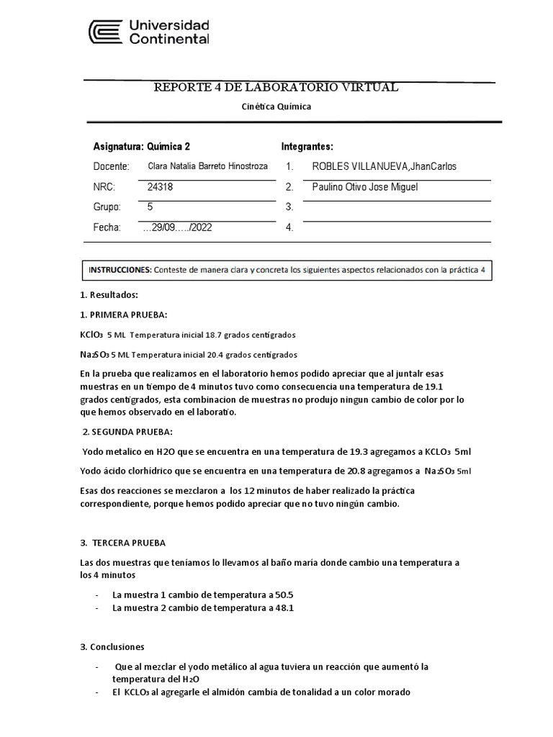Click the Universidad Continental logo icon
pos(105,32)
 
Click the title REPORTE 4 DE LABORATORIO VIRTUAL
pos(276,88)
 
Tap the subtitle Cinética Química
pos(276,106)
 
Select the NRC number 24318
pos(160,187)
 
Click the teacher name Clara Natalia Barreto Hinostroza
pos(207,166)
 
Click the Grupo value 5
pos(150,207)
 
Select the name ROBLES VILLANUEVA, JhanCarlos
pos(384,167)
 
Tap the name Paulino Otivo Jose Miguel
pos(365,187)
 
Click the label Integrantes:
pos(307,146)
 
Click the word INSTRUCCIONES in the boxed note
pos(120,271)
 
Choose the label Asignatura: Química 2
pos(142,146)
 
